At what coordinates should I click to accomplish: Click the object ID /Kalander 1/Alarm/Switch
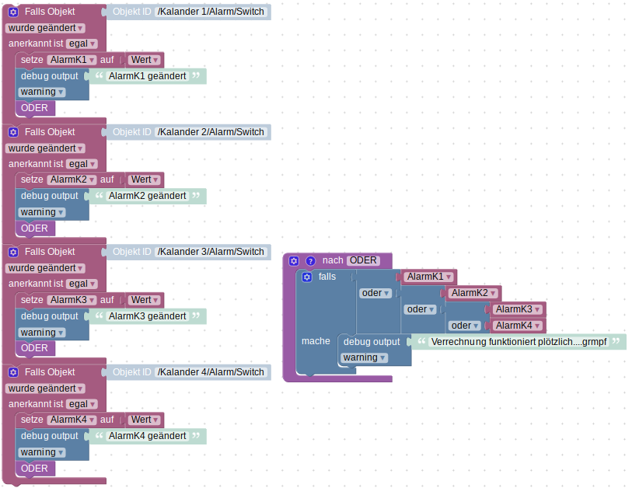coord(211,12)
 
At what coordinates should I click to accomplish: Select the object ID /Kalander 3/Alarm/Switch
coord(211,252)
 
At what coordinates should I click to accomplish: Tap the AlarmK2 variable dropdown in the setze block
coord(72,180)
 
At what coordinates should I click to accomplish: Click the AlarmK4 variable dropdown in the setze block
coord(72,420)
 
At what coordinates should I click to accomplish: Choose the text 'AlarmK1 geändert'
coord(147,76)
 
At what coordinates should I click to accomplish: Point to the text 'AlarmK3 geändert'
coord(147,316)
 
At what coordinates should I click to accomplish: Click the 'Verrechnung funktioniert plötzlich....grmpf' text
coord(518,342)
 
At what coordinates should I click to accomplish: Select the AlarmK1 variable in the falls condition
coord(428,277)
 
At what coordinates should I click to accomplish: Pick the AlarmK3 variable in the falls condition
coord(517,309)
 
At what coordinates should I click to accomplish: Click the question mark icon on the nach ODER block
coord(310,260)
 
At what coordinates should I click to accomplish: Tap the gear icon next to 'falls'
coord(307,277)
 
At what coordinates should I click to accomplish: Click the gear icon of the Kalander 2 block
coord(13,132)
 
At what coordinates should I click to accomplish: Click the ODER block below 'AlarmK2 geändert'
coord(34,228)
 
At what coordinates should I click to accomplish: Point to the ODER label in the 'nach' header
coord(362,260)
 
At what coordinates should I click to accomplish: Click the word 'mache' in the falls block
coord(316,341)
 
